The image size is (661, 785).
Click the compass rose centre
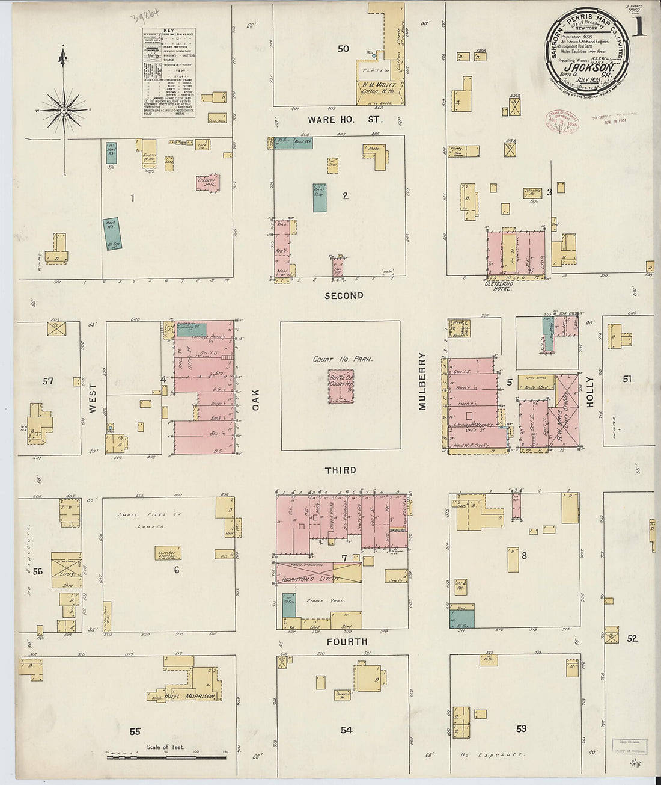coord(63,111)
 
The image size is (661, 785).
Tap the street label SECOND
coord(344,295)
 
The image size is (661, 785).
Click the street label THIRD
coord(341,470)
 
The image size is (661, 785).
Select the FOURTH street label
coord(347,642)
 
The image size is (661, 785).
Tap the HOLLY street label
coord(589,392)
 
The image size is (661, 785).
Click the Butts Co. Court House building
coord(341,387)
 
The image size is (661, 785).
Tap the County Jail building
coord(208,183)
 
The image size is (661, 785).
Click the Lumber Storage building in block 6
coord(168,553)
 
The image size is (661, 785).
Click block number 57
coord(48,381)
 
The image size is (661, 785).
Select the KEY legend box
coord(169,73)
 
